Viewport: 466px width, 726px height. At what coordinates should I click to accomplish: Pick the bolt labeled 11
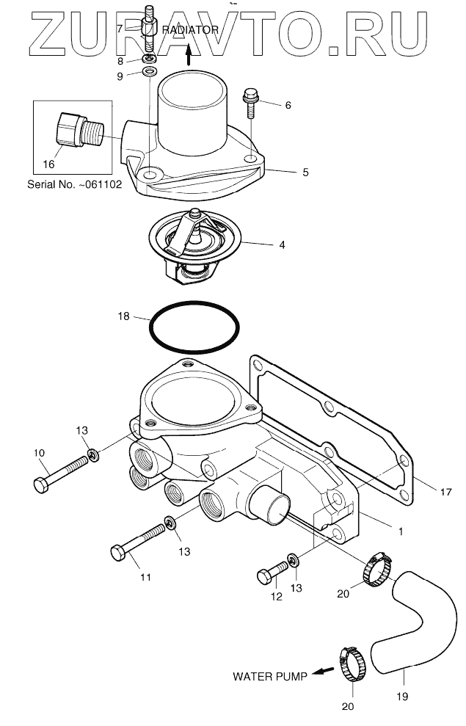tap(139, 541)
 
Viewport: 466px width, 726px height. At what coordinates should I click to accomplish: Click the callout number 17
tap(445, 493)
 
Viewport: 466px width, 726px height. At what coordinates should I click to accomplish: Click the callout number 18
tap(123, 316)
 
